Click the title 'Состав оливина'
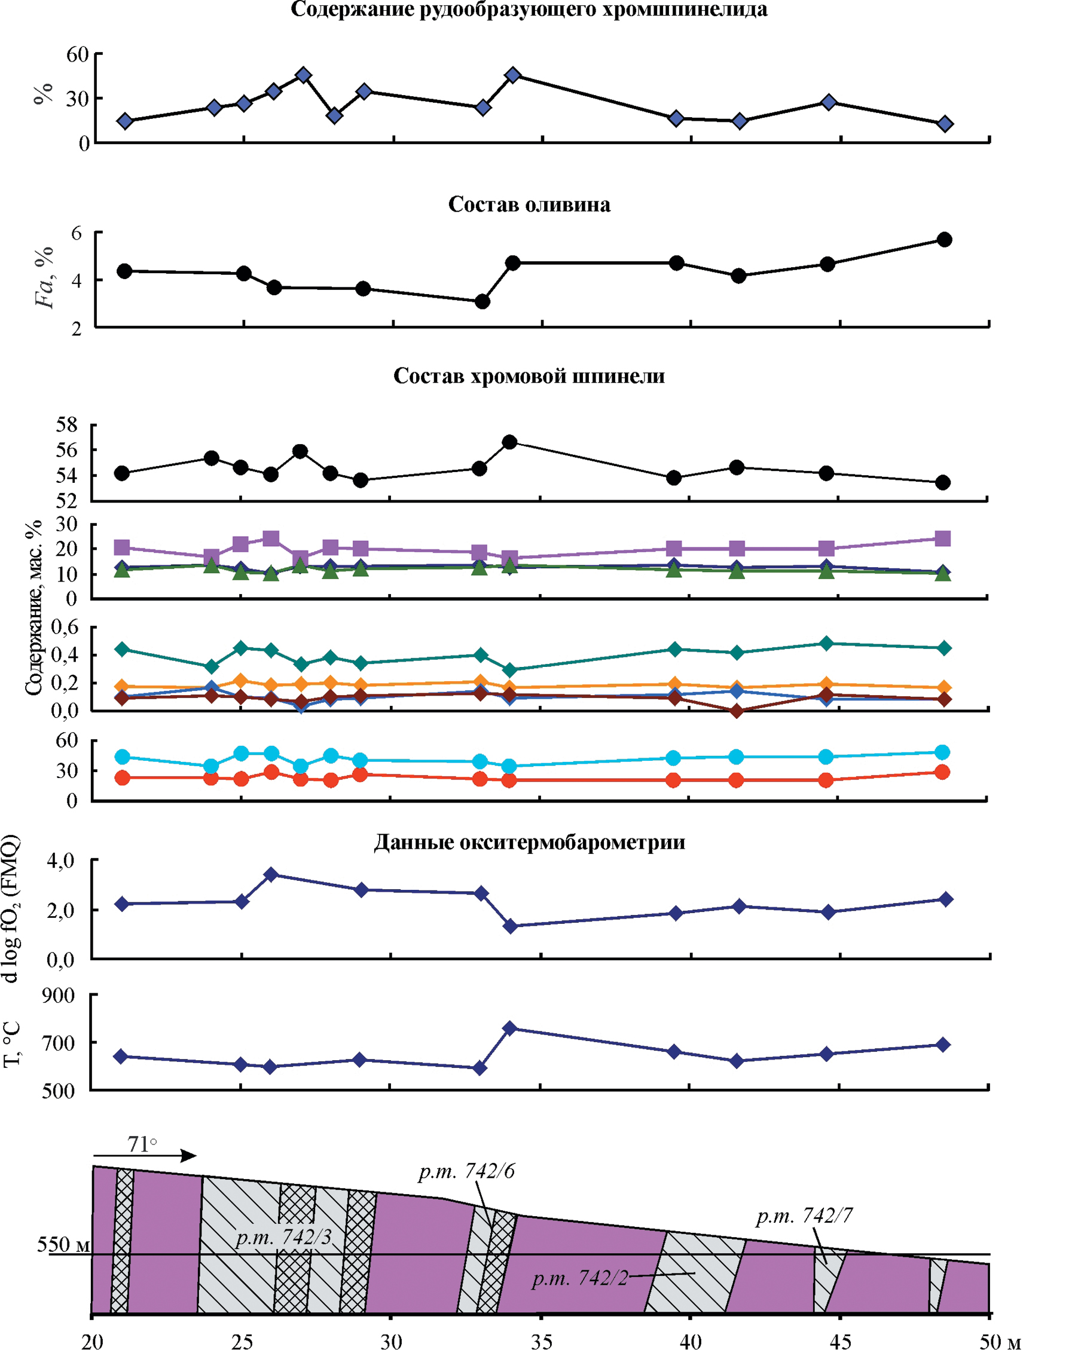[529, 205]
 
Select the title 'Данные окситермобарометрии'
[529, 842]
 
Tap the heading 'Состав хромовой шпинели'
[529, 376]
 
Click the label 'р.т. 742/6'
[467, 1171]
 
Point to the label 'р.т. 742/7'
[804, 1216]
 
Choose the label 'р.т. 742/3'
[284, 1237]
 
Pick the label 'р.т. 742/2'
[579, 1278]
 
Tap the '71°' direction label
[142, 1144]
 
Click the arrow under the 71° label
[145, 1155]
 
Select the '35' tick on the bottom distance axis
[541, 1340]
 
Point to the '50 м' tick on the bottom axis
[1000, 1340]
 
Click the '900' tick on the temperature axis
[58, 996]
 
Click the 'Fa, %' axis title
[44, 277]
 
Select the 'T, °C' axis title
[13, 1044]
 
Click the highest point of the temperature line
[510, 1028]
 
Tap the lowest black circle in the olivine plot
[482, 302]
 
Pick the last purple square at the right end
[942, 538]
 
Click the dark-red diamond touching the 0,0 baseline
[737, 711]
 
